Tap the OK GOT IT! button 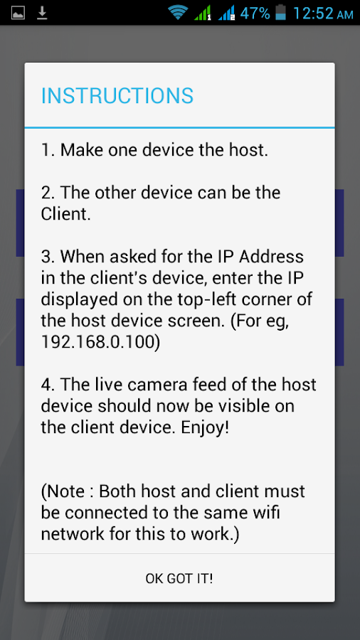click(179, 578)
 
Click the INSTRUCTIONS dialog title click(117, 96)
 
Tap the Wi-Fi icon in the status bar click(178, 13)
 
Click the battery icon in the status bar click(281, 12)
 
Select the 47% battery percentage click(255, 13)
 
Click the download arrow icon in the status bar click(42, 13)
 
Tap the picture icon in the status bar click(18, 13)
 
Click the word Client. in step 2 click(65, 214)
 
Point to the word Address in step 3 click(272, 257)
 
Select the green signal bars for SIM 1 click(203, 13)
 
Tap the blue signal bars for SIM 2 click(226, 13)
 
